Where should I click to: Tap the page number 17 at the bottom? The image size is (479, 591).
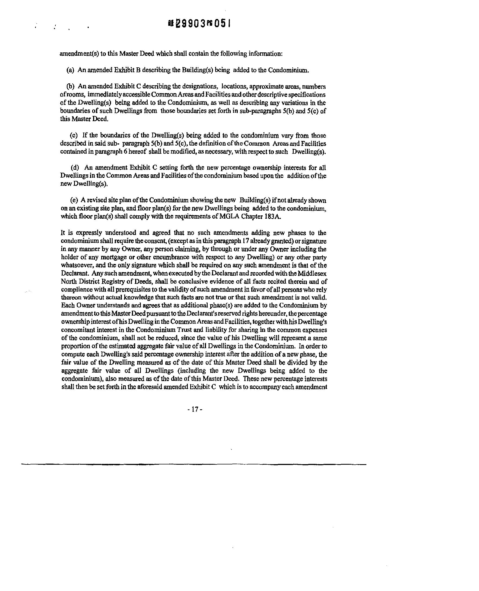click(x=195, y=409)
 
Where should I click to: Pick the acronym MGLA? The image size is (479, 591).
click(x=230, y=216)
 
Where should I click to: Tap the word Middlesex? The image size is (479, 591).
click(x=315, y=274)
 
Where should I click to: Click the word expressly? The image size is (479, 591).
click(x=82, y=233)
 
